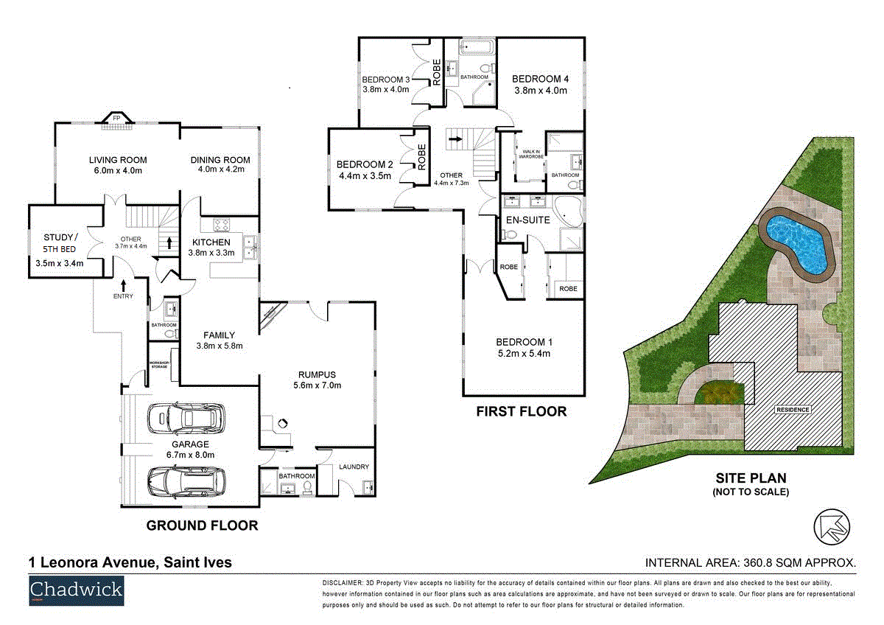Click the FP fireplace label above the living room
tap(116, 117)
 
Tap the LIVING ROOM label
tap(118, 160)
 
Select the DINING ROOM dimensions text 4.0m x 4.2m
tap(220, 170)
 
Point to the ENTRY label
tap(123, 296)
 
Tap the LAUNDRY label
tap(354, 467)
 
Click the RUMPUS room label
tap(317, 374)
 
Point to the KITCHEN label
tap(211, 242)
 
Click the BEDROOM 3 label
tap(386, 80)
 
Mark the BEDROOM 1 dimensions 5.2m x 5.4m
tap(524, 354)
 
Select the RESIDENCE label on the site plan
tap(791, 410)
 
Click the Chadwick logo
tap(76, 591)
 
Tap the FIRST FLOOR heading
tap(522, 411)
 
